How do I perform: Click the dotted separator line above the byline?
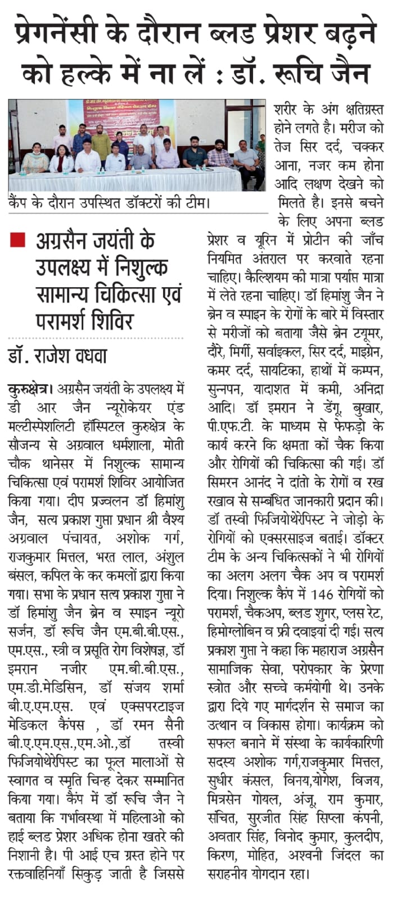pyautogui.click(x=96, y=339)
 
